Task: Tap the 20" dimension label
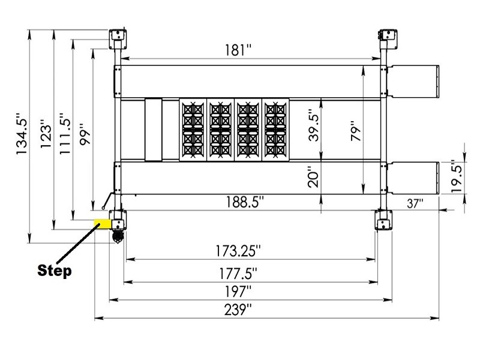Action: pyautogui.click(x=312, y=177)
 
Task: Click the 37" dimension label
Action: pyautogui.click(x=414, y=203)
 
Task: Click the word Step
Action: pyautogui.click(x=55, y=270)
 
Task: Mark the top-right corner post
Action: pyautogui.click(x=385, y=37)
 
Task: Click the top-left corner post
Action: pyautogui.click(x=118, y=37)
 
